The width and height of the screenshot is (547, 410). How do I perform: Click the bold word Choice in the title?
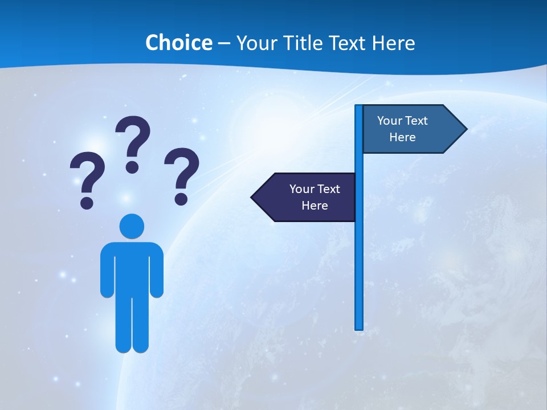pyautogui.click(x=178, y=43)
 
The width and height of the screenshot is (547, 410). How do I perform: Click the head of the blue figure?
pyautogui.click(x=132, y=226)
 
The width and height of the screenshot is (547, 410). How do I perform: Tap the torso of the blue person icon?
pyautogui.click(x=132, y=268)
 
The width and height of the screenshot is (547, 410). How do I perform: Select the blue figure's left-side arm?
pyautogui.click(x=107, y=270)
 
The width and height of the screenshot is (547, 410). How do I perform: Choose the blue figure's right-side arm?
pyautogui.click(x=157, y=270)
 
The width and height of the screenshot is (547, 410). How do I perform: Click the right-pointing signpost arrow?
pyautogui.click(x=410, y=129)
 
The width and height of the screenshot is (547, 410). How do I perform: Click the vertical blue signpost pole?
pyautogui.click(x=359, y=256)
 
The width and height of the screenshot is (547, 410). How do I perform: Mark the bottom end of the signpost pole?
pyautogui.click(x=359, y=327)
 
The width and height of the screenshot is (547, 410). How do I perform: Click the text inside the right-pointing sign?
pyautogui.click(x=402, y=129)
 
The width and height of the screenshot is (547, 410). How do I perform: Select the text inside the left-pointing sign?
pyautogui.click(x=315, y=197)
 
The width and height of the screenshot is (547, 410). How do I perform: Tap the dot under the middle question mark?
pyautogui.click(x=132, y=167)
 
